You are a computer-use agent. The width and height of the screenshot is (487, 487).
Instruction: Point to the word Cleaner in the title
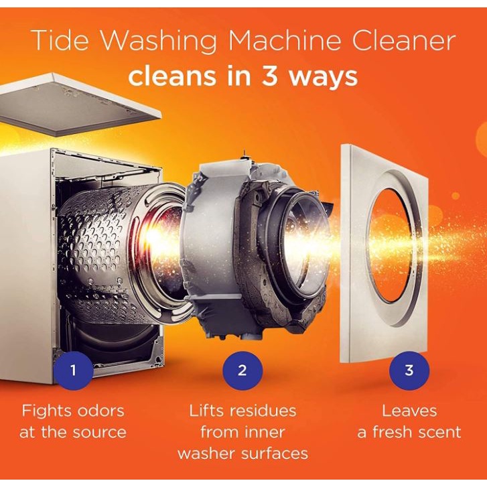[x=403, y=40]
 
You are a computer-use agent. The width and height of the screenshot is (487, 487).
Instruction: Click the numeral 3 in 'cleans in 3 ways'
[x=270, y=76]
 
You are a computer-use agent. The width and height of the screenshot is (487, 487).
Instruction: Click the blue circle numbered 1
[x=73, y=370]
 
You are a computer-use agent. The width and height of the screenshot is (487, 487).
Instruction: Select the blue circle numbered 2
[x=242, y=370]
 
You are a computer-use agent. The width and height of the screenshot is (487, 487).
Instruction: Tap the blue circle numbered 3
[x=409, y=370]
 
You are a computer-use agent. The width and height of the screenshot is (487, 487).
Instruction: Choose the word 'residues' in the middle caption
[x=263, y=411]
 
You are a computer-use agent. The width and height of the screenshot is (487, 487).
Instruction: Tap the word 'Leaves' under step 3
[x=409, y=411]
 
